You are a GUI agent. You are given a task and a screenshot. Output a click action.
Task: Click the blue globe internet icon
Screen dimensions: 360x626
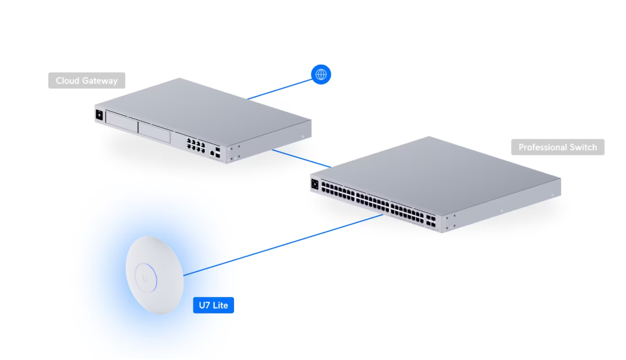point(320,74)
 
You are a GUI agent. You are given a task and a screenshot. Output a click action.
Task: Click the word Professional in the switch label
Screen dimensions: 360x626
point(542,147)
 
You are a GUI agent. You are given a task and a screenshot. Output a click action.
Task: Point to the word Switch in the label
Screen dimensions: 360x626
point(583,147)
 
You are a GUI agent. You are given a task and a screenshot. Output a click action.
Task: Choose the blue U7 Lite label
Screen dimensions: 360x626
point(213,305)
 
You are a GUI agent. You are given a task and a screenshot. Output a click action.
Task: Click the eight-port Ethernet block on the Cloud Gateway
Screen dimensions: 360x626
point(194,144)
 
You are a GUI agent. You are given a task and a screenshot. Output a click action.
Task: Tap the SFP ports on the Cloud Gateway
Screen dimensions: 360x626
point(217,153)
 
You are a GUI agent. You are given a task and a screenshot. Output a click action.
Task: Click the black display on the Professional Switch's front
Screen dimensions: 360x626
point(315,184)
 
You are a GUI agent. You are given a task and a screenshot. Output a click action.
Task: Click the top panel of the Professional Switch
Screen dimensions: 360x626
point(437,169)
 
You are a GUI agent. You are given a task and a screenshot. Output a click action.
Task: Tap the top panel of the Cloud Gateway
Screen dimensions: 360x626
point(204,108)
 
